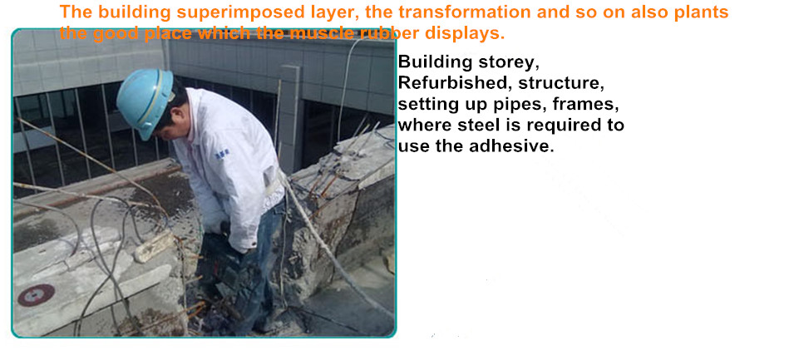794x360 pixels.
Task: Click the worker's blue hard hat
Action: coord(145,101)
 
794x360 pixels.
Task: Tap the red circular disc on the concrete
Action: coord(36,294)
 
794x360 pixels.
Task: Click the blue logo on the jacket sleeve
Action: coord(222,150)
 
